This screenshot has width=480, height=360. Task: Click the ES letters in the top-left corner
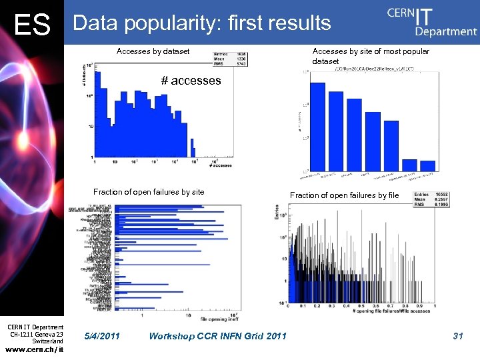[x=33, y=25]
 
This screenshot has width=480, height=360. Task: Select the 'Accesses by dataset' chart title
[x=153, y=51]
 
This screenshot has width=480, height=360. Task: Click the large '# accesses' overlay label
[x=191, y=81]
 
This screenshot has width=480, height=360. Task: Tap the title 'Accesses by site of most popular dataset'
[x=371, y=56]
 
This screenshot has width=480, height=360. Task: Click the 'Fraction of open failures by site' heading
[x=149, y=192]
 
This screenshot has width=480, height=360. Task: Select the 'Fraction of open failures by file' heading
[x=344, y=195]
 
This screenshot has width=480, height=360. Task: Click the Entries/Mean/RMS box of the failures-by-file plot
[x=434, y=200]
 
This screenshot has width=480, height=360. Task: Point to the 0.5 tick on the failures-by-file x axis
[x=362, y=307]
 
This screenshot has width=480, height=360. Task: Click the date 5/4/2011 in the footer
[x=103, y=336]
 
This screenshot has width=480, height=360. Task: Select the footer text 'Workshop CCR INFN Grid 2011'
[x=219, y=336]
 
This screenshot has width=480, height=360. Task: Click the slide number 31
[x=457, y=336]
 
